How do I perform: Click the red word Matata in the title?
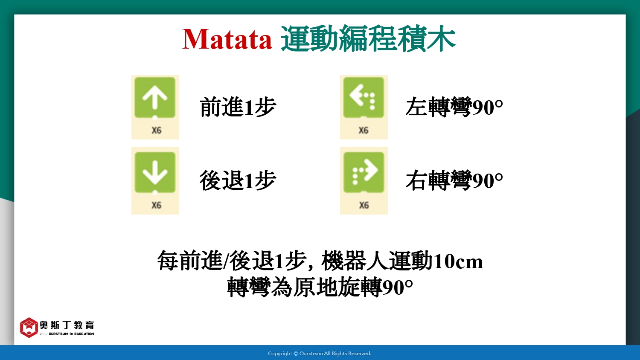click(227, 39)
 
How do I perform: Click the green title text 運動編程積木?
click(368, 38)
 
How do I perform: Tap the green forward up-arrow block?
click(155, 97)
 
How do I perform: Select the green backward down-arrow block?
click(155, 173)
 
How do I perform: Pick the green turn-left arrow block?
click(364, 97)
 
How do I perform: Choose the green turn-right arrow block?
click(364, 173)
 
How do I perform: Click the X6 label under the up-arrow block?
click(157, 131)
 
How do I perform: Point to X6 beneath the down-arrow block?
click(157, 205)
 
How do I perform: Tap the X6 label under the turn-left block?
click(364, 131)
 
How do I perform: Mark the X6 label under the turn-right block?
click(364, 205)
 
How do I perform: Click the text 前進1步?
click(238, 107)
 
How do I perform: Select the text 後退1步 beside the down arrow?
click(238, 180)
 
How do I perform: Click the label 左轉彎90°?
click(454, 107)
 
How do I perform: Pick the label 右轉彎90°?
click(454, 180)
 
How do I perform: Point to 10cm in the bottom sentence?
click(458, 261)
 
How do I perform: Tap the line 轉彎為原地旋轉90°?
click(320, 287)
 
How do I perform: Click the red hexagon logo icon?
click(29, 328)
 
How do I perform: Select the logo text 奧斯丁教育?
click(67, 325)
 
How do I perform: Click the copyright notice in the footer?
click(320, 354)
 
